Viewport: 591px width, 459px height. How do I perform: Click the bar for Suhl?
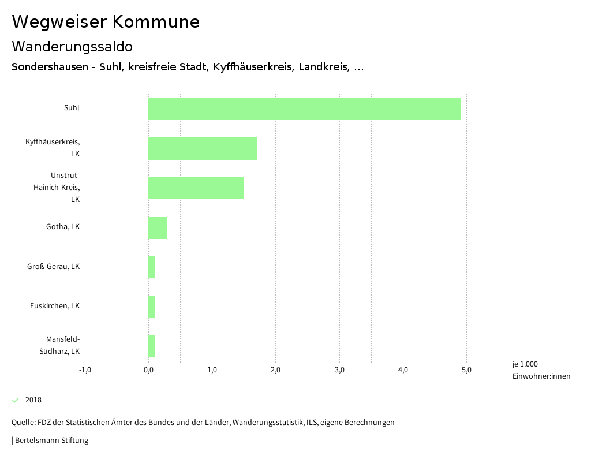click(x=304, y=109)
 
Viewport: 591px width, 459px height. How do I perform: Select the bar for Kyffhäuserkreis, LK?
click(x=203, y=148)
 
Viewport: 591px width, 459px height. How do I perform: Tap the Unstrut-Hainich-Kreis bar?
click(x=196, y=188)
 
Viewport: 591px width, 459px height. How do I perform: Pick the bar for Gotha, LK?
click(x=158, y=227)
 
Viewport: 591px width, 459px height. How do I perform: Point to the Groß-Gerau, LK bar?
click(x=152, y=267)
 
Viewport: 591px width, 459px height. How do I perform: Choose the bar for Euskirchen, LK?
click(x=152, y=307)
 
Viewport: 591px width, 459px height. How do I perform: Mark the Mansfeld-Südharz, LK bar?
click(x=152, y=346)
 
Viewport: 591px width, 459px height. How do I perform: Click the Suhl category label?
click(x=72, y=107)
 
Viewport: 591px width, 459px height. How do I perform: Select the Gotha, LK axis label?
click(x=63, y=227)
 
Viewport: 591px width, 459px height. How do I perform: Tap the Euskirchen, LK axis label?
click(x=55, y=306)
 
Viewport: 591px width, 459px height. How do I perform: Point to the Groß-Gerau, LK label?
click(x=53, y=267)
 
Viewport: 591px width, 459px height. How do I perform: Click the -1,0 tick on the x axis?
click(x=85, y=370)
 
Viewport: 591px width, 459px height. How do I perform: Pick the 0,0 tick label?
click(x=148, y=370)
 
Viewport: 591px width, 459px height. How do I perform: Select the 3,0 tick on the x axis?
click(x=339, y=370)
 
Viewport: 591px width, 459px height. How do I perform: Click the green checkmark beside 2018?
click(x=16, y=400)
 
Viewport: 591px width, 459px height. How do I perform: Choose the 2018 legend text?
click(x=33, y=400)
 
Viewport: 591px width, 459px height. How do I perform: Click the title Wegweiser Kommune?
click(x=106, y=22)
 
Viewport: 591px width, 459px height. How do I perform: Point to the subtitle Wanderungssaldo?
click(x=72, y=46)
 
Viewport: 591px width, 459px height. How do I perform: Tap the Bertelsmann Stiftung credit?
click(x=51, y=441)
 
